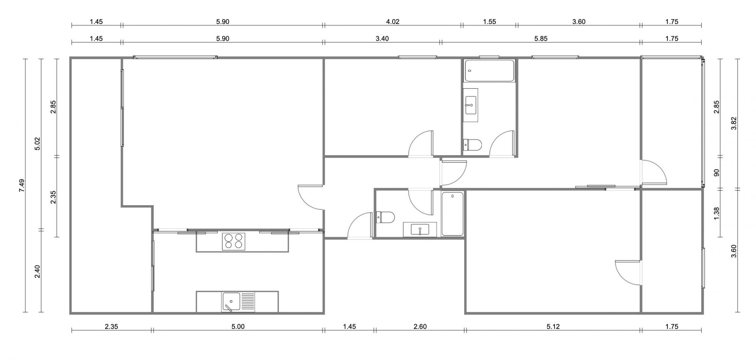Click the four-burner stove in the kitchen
point(233,241)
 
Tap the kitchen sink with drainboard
point(239,302)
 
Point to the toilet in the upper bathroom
point(472,145)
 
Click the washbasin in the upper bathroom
point(470,105)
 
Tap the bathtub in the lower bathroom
point(453,214)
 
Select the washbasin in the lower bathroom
point(420,230)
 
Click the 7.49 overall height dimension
point(22,185)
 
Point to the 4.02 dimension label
point(393,22)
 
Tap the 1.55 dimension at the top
point(489,22)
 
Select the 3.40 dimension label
point(382,39)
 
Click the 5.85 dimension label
point(541,39)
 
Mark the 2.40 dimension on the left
point(38,271)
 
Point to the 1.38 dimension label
point(717,213)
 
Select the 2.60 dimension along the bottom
point(420,327)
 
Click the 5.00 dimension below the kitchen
point(238,327)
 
